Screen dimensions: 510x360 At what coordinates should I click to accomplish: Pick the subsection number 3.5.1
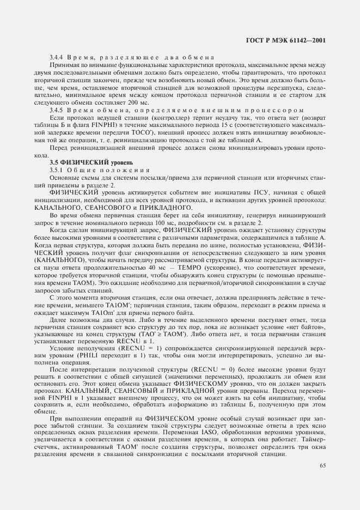pyautogui.click(x=57, y=170)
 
